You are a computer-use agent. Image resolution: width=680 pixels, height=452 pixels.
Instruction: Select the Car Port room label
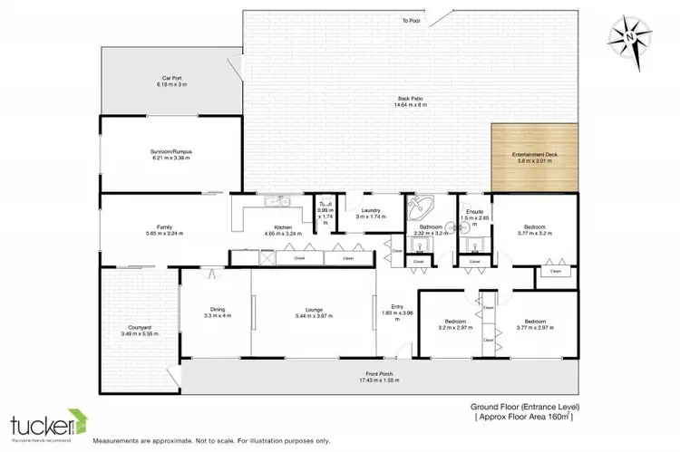[x=170, y=78]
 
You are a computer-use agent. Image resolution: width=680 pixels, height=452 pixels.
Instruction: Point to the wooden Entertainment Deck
[x=534, y=159]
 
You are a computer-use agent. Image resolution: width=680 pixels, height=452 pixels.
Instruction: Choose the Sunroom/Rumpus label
[x=170, y=151]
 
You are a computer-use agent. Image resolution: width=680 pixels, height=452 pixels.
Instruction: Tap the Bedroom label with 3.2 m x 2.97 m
[x=455, y=322]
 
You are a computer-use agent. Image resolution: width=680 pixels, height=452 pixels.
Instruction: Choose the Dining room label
[x=217, y=310]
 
